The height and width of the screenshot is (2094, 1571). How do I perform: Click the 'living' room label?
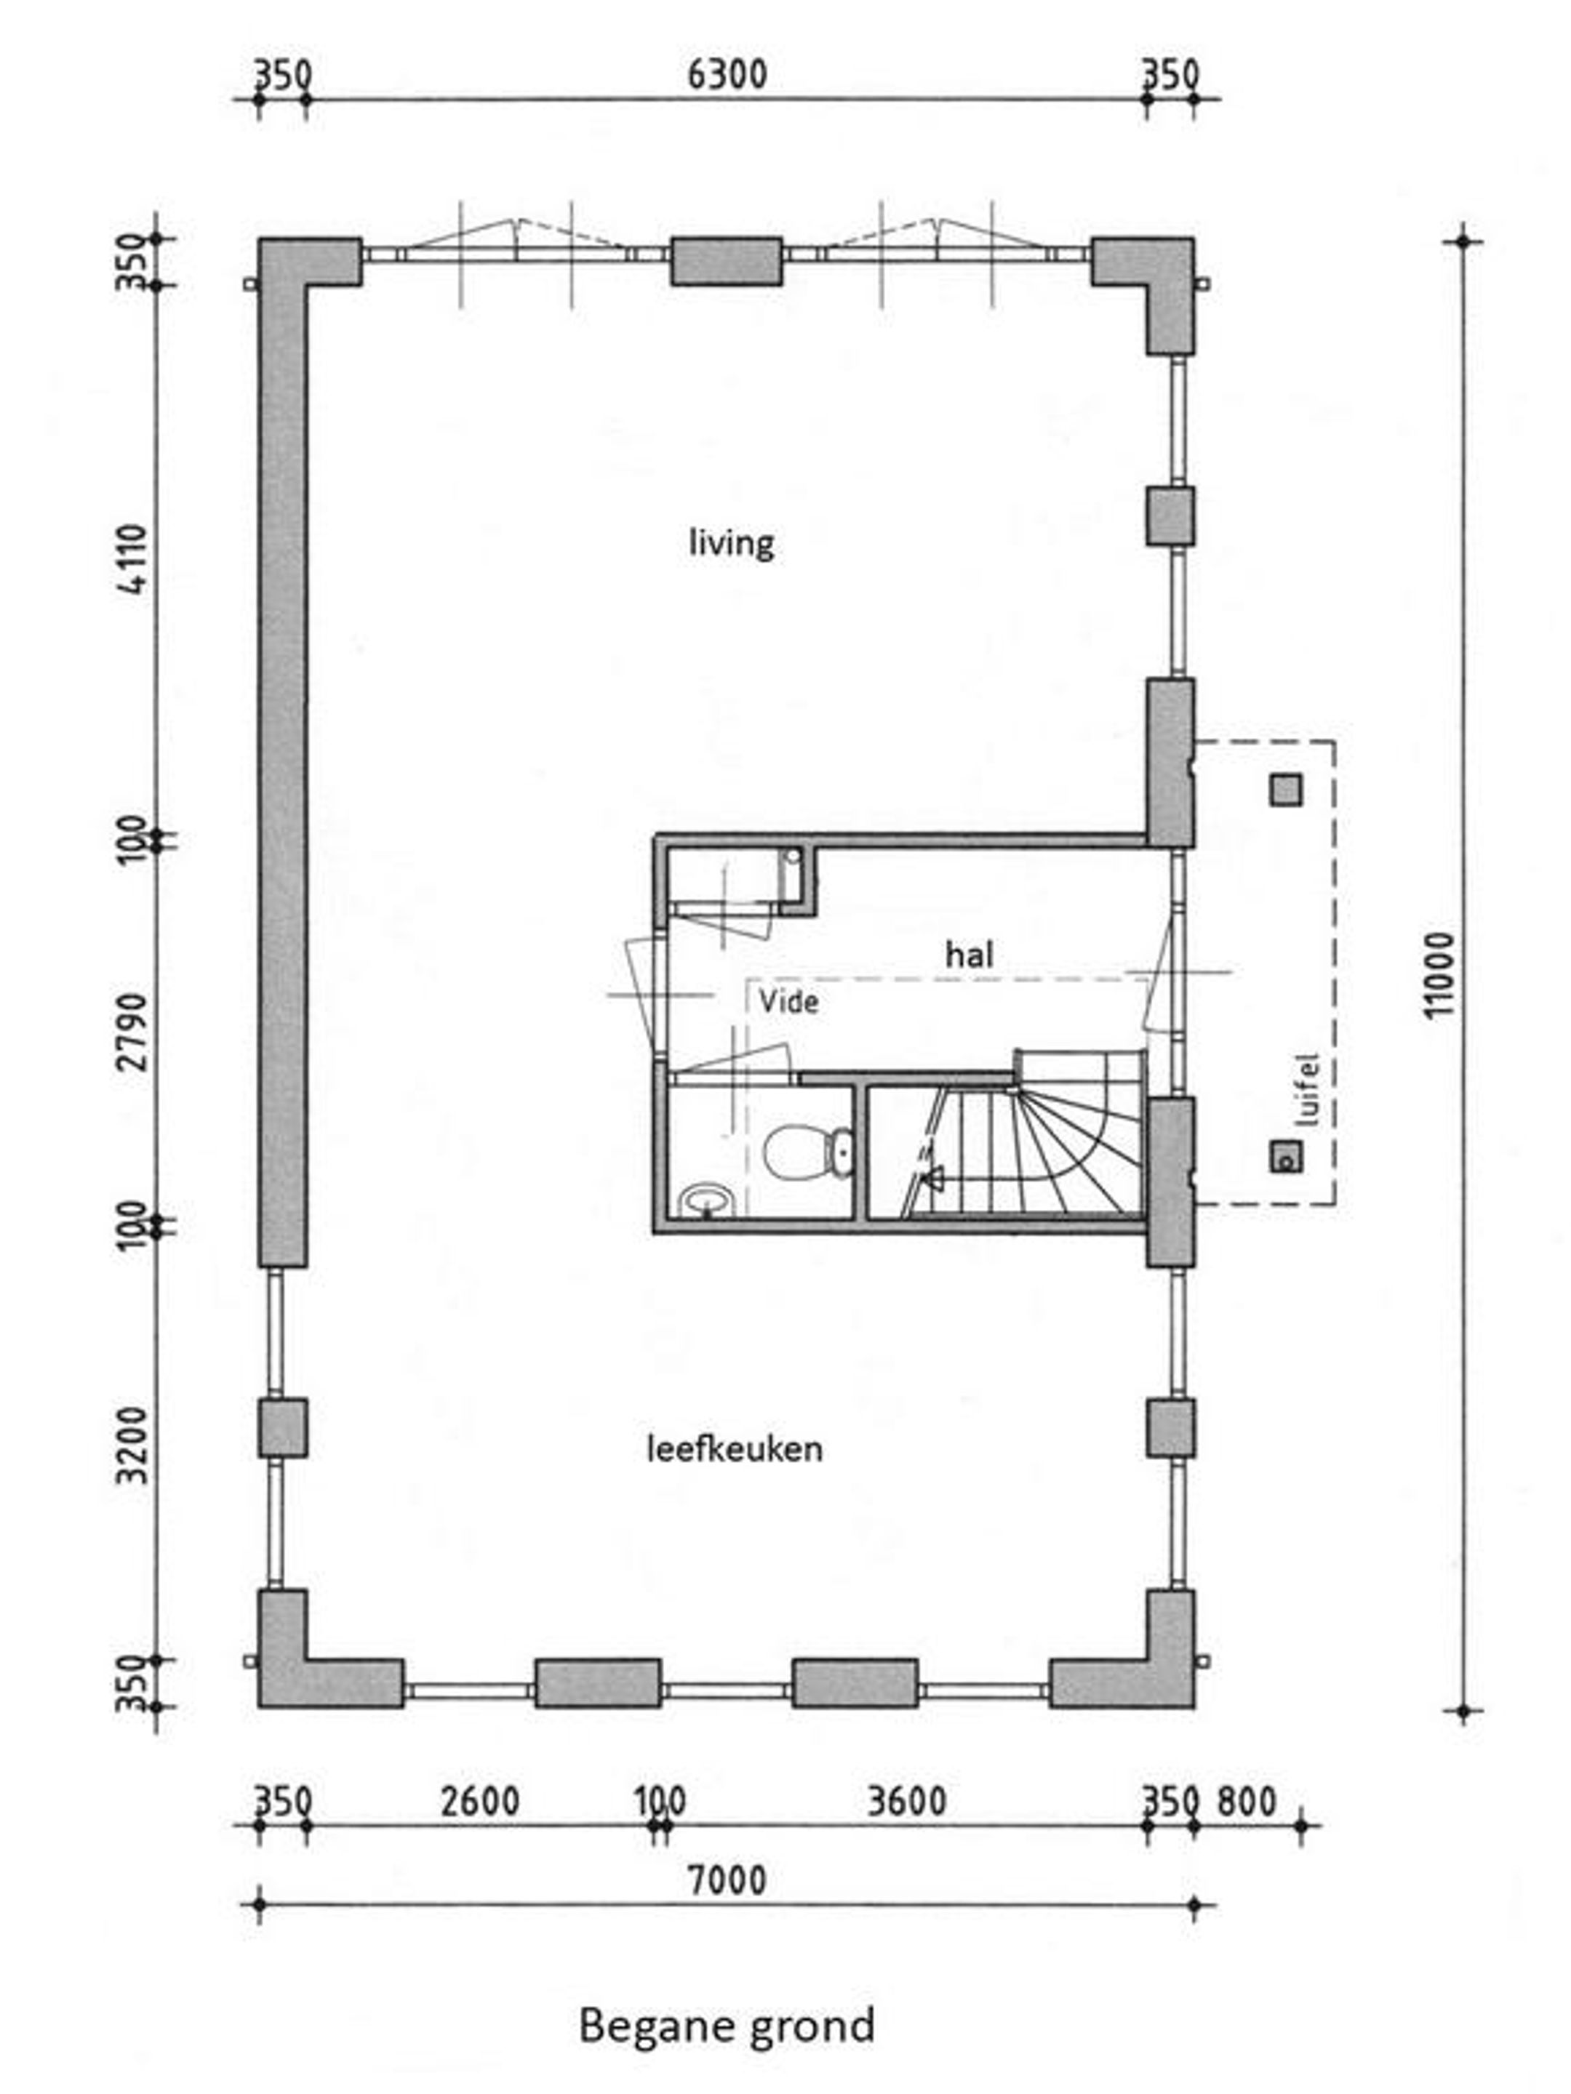(x=731, y=545)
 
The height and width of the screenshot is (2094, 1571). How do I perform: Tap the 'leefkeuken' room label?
(x=734, y=1448)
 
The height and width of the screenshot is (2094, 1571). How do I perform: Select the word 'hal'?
(x=970, y=954)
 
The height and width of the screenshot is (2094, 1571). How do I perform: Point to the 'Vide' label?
(x=788, y=1002)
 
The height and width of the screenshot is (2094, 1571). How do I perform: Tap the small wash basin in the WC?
(x=705, y=1200)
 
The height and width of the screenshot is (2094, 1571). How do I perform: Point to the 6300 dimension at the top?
(x=727, y=75)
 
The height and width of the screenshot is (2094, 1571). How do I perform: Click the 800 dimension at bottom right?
(x=1246, y=1800)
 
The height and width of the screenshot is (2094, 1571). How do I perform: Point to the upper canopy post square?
(x=1285, y=790)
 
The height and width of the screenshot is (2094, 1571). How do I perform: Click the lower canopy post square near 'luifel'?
(x=1285, y=1156)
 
